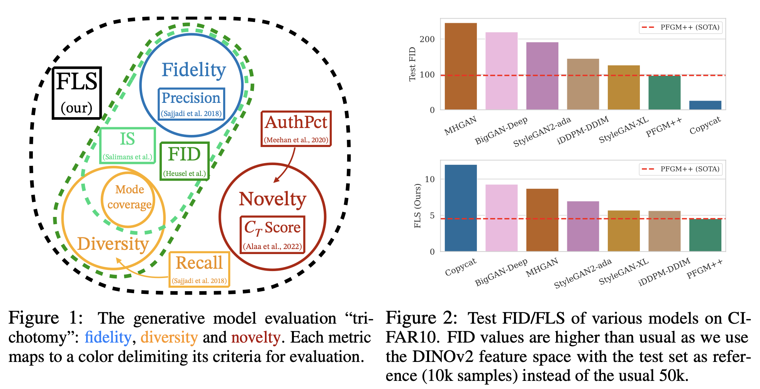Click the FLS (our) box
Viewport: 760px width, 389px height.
[x=77, y=93]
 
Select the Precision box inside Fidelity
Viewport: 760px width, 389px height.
[x=191, y=104]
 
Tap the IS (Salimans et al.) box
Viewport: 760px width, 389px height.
[x=127, y=145]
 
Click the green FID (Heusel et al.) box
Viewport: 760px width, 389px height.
[x=185, y=161]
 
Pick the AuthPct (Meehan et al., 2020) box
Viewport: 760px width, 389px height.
[x=296, y=129]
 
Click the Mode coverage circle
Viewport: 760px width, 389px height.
[x=129, y=197]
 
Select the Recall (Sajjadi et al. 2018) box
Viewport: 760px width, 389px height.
[x=199, y=269]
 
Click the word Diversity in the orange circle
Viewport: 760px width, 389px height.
[x=113, y=244]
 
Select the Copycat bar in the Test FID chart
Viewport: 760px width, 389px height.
[x=705, y=105]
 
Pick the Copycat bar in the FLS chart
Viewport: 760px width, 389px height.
[x=461, y=208]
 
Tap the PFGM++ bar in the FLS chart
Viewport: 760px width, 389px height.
[x=705, y=235]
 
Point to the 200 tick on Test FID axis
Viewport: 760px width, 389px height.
[x=427, y=39]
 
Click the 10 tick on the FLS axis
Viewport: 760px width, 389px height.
[x=429, y=179]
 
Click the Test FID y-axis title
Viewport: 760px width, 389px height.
[x=412, y=64]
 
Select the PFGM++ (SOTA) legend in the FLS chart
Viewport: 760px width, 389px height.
[x=680, y=169]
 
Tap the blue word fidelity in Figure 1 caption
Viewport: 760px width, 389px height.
[x=108, y=338]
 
